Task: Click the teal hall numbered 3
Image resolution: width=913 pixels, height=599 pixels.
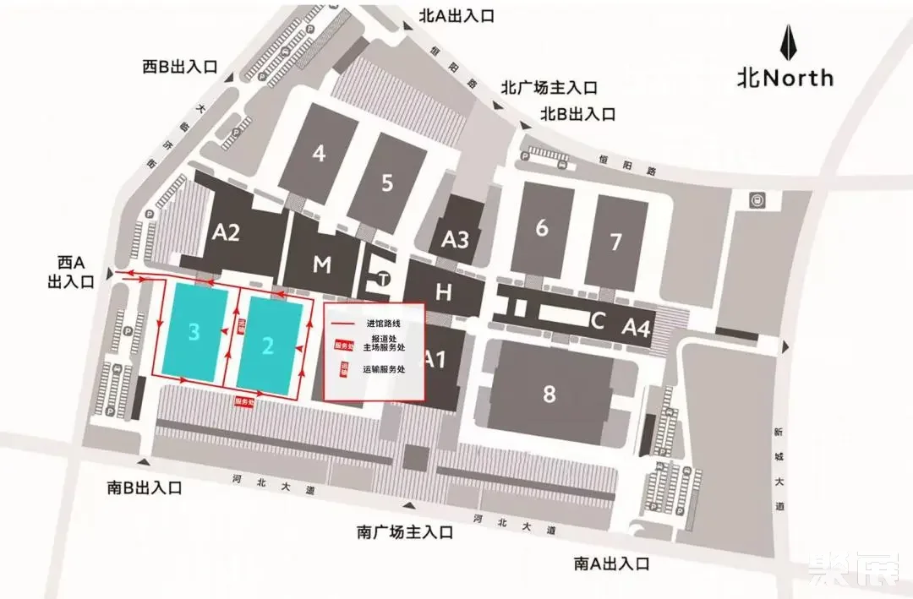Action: (194, 332)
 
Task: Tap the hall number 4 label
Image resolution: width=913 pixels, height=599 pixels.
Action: (319, 154)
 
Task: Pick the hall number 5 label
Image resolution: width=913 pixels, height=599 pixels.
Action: (387, 182)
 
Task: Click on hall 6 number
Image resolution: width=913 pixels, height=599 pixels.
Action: (542, 227)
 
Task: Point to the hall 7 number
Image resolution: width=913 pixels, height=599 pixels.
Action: (615, 242)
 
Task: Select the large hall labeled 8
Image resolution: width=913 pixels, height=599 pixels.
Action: (549, 393)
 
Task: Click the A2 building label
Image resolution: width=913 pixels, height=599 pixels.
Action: (226, 232)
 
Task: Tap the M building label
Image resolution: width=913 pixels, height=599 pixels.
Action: (321, 265)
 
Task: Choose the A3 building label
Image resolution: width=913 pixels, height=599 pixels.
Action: (455, 240)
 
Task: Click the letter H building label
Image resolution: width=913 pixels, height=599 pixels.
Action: (443, 293)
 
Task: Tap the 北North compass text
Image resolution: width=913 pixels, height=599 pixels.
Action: (785, 79)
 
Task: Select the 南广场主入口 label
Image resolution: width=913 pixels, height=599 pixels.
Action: (405, 532)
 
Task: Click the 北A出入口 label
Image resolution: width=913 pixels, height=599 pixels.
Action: (457, 15)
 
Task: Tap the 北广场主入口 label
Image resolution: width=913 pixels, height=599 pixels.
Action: (549, 87)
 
